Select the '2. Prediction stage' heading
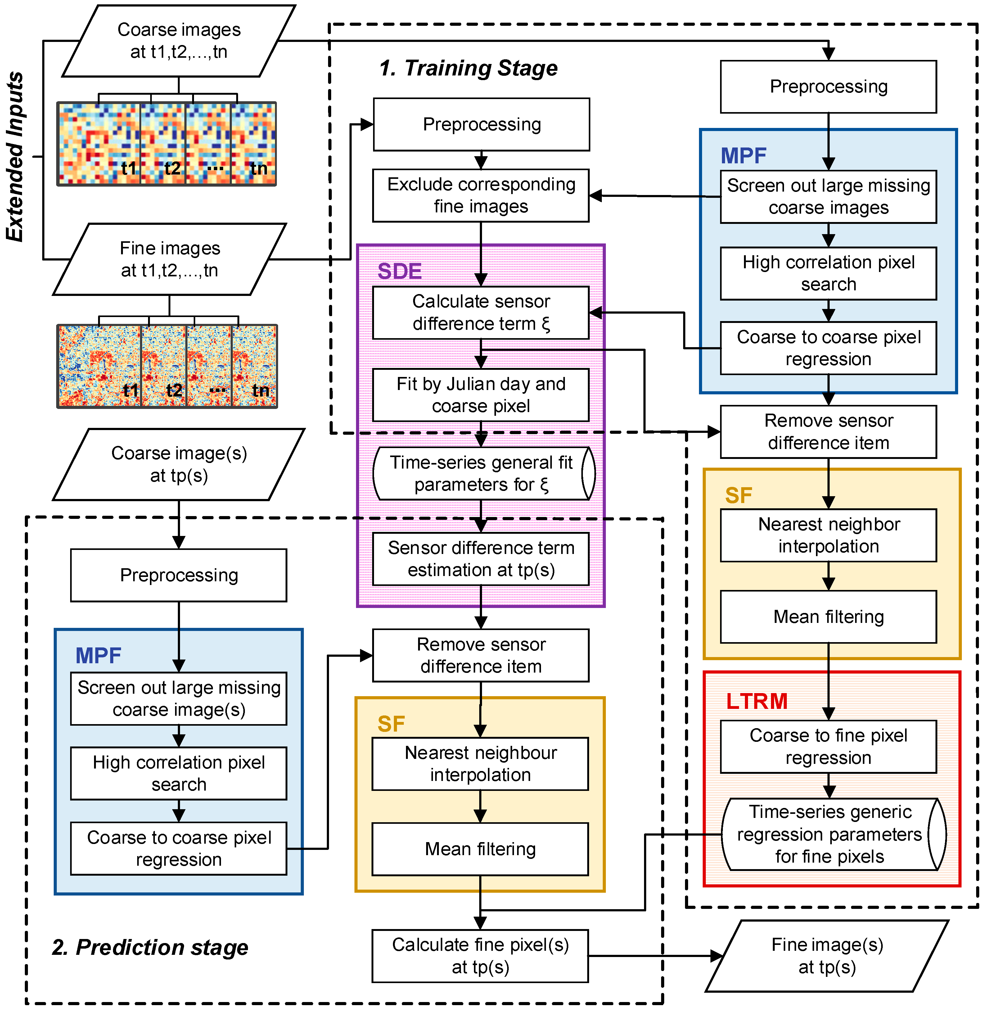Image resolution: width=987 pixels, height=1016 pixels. pos(150,948)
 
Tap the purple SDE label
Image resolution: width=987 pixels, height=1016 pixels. pos(399,271)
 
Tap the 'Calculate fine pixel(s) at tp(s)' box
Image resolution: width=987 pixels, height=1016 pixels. pos(480,956)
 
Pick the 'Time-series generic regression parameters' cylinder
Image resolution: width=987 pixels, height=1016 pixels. pos(829,834)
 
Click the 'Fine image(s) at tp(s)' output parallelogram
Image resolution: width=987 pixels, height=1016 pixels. pos(827,956)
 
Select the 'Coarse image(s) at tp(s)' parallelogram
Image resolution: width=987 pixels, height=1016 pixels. pos(179,464)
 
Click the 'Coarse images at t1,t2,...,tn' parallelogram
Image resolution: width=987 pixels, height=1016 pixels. pos(179,40)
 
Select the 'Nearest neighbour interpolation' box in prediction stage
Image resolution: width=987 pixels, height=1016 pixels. pos(480,764)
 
